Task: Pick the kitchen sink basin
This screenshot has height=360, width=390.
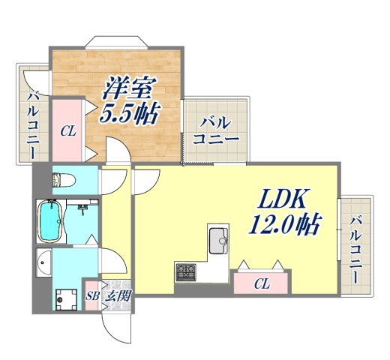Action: click(219, 240)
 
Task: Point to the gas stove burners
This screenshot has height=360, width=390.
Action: click(185, 271)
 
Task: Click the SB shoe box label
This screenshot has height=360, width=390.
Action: click(93, 295)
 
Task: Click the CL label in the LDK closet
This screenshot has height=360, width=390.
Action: click(261, 284)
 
